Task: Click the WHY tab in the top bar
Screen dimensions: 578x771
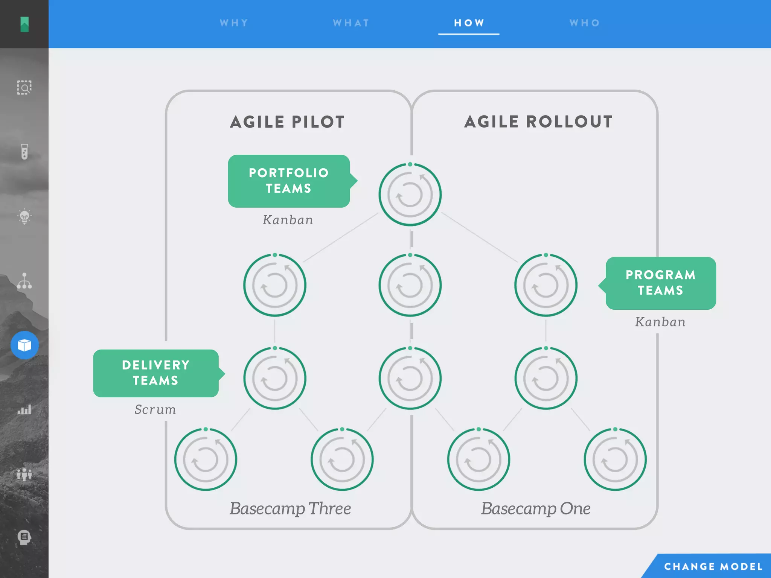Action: click(x=234, y=23)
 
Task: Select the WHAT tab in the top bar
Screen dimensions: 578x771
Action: click(x=351, y=23)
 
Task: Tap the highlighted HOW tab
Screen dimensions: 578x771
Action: click(x=469, y=23)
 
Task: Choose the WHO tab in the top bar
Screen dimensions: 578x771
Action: click(x=585, y=23)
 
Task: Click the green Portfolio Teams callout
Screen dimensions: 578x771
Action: click(x=289, y=181)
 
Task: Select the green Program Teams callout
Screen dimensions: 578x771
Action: click(x=660, y=283)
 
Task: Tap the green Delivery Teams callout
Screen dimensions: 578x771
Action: click(x=156, y=373)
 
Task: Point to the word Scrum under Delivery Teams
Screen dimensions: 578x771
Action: click(x=155, y=409)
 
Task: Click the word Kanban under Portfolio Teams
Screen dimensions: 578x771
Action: click(x=288, y=220)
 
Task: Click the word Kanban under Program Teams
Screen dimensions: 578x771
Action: click(x=660, y=322)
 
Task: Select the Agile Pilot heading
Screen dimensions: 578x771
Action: click(x=288, y=122)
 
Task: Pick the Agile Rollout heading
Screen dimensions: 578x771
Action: click(x=538, y=122)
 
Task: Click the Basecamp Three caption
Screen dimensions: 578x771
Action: click(x=290, y=508)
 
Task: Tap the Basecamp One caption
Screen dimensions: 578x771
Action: click(x=536, y=508)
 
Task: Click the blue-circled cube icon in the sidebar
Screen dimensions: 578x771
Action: click(x=24, y=345)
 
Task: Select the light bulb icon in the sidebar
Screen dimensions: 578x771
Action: click(x=24, y=216)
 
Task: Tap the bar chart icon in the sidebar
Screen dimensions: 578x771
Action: click(x=24, y=409)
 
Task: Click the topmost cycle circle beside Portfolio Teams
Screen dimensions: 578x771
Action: click(x=410, y=194)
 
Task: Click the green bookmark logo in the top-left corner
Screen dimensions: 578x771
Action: click(x=24, y=24)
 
